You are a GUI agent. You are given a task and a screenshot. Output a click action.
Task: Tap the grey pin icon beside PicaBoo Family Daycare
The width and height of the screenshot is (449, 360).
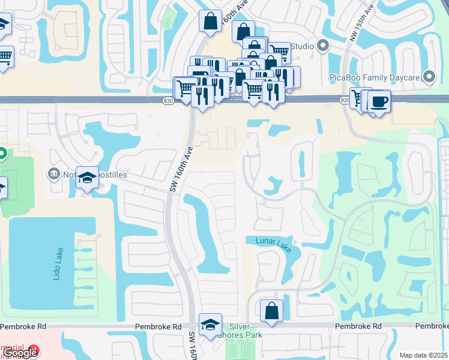pyautogui.click(x=429, y=77)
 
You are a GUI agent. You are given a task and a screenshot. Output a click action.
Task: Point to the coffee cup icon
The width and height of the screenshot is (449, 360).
pyautogui.click(x=379, y=101)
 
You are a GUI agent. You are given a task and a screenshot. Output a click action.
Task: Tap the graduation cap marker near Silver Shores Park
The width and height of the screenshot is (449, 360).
pyautogui.click(x=210, y=325)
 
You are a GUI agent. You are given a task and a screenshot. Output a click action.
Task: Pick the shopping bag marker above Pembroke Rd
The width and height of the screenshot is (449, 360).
pyautogui.click(x=271, y=311)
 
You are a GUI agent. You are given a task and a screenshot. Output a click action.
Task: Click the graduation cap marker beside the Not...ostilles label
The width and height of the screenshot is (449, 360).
pyautogui.click(x=88, y=178)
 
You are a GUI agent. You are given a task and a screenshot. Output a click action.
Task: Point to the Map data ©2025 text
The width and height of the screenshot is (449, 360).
pyautogui.click(x=423, y=355)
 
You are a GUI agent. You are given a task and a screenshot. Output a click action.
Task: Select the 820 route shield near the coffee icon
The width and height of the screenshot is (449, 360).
pyautogui.click(x=345, y=100)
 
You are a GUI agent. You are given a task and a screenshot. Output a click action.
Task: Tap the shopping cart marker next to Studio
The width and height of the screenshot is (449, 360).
pyautogui.click(x=279, y=52)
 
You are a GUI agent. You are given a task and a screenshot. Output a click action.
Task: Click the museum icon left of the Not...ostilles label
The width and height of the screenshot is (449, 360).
pyautogui.click(x=53, y=174)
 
